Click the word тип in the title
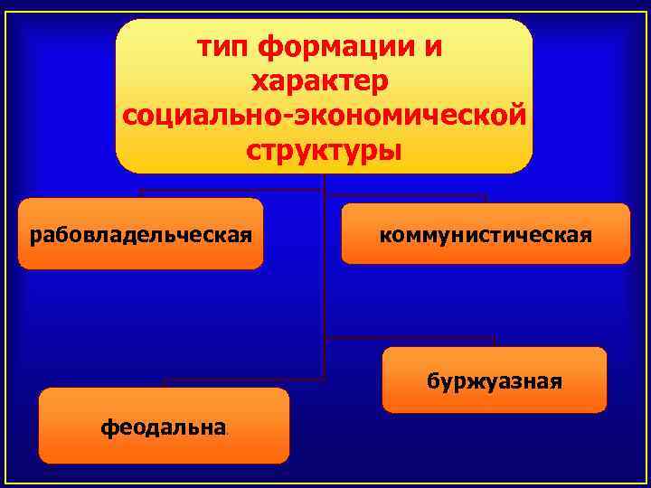(224, 46)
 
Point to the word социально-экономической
(323, 116)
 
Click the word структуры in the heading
(323, 150)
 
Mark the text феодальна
(163, 427)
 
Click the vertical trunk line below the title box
(323, 271)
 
